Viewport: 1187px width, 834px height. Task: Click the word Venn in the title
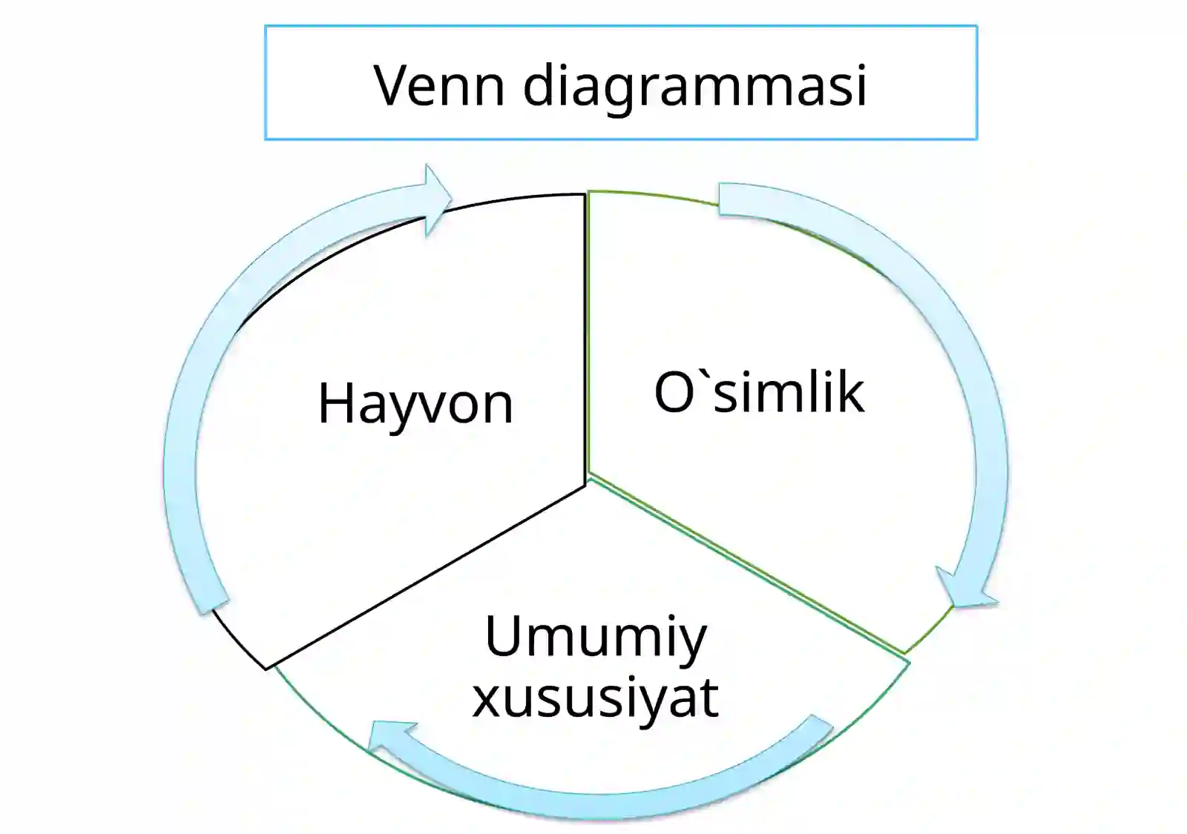coord(439,85)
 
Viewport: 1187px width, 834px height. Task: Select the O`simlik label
coord(760,392)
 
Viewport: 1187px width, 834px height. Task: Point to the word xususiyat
coord(596,700)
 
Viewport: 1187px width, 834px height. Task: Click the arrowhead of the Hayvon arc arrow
coord(438,200)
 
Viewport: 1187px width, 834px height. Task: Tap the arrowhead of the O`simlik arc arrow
coord(967,588)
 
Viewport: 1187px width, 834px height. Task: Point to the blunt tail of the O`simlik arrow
coord(720,199)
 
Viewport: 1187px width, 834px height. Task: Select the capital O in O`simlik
coord(675,392)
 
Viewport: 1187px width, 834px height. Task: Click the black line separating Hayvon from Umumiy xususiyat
coord(426,577)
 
